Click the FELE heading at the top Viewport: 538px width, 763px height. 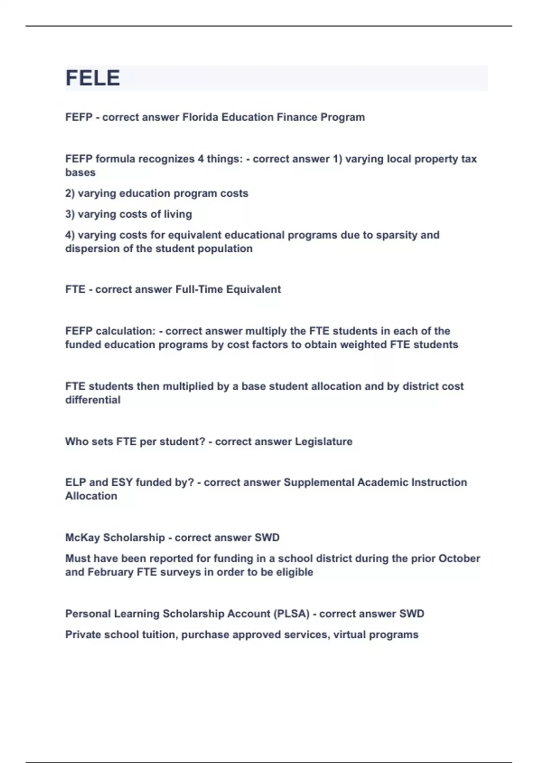[93, 78]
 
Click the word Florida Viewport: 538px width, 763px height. [200, 117]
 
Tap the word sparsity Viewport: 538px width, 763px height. [396, 235]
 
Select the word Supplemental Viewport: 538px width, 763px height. [319, 482]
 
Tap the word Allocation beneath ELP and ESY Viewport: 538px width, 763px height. [91, 496]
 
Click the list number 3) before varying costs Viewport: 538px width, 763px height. [70, 215]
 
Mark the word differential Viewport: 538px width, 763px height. [93, 400]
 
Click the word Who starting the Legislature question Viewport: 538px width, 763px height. [77, 442]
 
